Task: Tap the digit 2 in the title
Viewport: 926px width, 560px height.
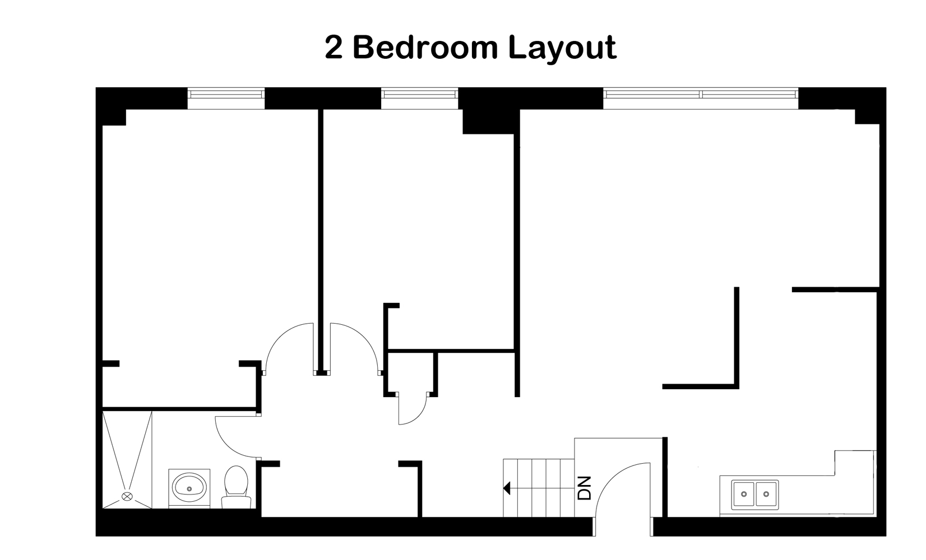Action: coord(334,48)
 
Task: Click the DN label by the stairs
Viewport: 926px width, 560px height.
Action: coord(585,488)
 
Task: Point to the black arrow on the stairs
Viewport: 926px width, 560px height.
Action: coord(507,488)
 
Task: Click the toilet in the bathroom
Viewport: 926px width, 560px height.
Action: coord(236,487)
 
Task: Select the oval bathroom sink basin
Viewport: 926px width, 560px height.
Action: coord(189,487)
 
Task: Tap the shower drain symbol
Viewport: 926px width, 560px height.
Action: coord(127,496)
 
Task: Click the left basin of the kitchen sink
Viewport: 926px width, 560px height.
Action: coord(744,494)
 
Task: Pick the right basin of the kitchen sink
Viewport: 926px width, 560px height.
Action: coord(766,494)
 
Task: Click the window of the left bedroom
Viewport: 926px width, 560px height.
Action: coord(226,99)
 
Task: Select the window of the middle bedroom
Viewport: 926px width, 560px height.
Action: coord(420,99)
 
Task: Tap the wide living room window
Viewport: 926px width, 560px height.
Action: coord(701,99)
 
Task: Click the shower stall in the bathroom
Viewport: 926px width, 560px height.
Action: coord(127,460)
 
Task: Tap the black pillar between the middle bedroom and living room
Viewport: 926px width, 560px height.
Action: coord(490,122)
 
